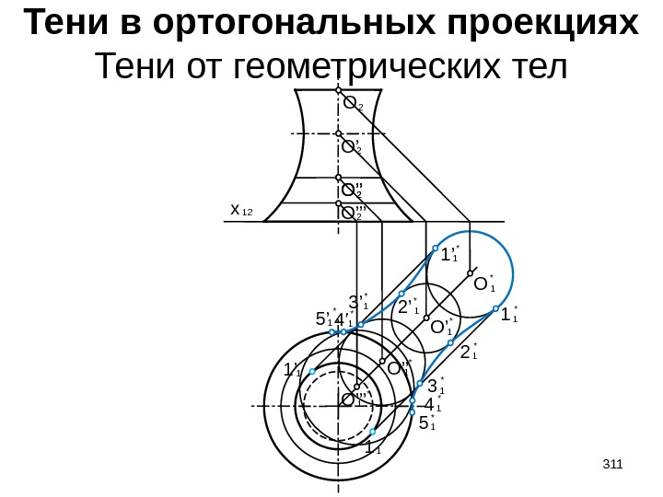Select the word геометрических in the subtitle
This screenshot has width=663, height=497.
360,68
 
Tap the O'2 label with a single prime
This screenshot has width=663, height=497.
351,145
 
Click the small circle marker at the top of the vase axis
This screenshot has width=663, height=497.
339,92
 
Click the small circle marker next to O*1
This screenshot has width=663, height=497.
471,273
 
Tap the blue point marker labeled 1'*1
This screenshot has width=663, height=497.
436,247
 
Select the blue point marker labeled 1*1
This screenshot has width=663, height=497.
495,308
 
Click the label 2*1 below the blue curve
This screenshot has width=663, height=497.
469,353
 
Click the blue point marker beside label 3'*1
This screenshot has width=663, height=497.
361,325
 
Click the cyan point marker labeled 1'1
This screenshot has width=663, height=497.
313,371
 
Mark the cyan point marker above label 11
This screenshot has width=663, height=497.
373,432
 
